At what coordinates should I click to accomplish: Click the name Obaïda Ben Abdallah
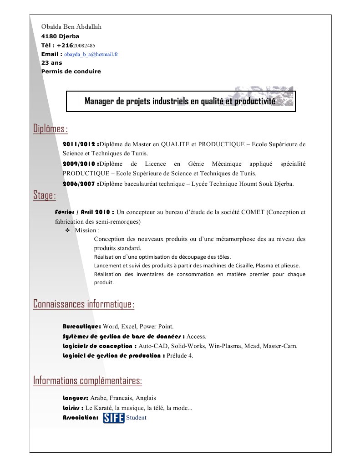[71, 26]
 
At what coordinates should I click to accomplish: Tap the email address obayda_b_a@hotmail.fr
[91, 54]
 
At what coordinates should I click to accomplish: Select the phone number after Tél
[84, 45]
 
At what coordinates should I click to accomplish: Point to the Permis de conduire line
[71, 71]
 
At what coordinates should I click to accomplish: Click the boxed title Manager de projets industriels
[180, 101]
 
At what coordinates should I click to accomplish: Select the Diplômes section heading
[51, 129]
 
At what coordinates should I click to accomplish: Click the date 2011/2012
[80, 144]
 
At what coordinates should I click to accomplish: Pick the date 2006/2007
[80, 184]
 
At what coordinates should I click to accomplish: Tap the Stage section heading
[45, 195]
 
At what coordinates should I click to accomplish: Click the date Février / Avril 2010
[84, 212]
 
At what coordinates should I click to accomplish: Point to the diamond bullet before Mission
[67, 230]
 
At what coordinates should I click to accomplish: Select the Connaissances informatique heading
[84, 304]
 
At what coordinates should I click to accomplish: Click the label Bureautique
[81, 326]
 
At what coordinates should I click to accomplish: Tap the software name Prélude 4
[180, 355]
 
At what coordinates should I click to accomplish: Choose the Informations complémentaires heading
[88, 380]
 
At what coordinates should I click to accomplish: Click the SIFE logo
[113, 417]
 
